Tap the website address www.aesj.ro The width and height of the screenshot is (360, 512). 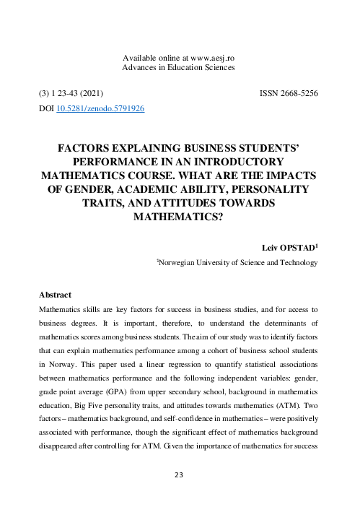208,57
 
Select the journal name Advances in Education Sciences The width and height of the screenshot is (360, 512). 180,67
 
